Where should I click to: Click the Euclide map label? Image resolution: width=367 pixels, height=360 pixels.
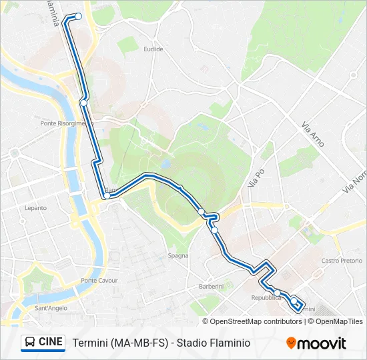[153, 49]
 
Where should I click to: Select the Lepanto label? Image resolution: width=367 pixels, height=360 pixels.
[36, 208]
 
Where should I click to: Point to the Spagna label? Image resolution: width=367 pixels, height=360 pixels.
[177, 255]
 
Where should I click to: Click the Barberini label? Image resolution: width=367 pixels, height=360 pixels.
[211, 286]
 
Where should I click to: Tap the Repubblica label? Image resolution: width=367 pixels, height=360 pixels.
[266, 297]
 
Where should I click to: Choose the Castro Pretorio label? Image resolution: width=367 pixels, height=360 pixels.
[340, 261]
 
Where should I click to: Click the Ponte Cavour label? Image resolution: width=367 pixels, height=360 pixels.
[99, 281]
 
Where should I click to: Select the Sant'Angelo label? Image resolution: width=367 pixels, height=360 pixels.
[51, 308]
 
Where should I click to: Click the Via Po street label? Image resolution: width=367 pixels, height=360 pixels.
[257, 177]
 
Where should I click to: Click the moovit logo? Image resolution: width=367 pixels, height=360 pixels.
[316, 343]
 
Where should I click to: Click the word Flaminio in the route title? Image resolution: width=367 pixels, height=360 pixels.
[230, 343]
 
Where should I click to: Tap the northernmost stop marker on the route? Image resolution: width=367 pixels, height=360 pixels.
[79, 16]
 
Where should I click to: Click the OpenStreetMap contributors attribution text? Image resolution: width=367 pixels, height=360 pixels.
[256, 321]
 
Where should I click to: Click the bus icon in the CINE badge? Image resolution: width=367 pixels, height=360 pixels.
[30, 342]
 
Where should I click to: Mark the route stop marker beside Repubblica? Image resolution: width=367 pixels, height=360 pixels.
[277, 292]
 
